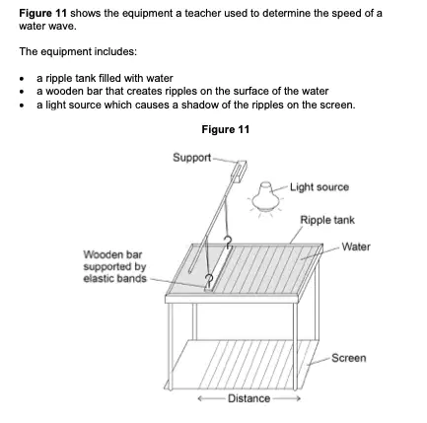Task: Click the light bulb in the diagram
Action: [x=265, y=196]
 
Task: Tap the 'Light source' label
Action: [x=320, y=187]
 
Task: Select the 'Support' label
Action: [x=192, y=158]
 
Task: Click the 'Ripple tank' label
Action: [x=327, y=220]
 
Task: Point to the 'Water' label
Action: [x=356, y=247]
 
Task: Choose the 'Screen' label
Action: [x=349, y=358]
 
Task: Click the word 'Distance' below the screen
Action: [x=249, y=398]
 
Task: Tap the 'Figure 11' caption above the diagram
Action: [x=226, y=129]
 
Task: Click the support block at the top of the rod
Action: [x=240, y=171]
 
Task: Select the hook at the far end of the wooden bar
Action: [x=228, y=243]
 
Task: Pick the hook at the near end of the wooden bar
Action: [x=209, y=280]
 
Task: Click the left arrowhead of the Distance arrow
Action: [x=200, y=398]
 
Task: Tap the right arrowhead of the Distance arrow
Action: [x=297, y=398]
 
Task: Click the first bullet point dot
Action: [x=22, y=79]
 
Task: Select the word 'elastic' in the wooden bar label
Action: [x=99, y=279]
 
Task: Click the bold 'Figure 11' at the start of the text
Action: [x=43, y=14]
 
